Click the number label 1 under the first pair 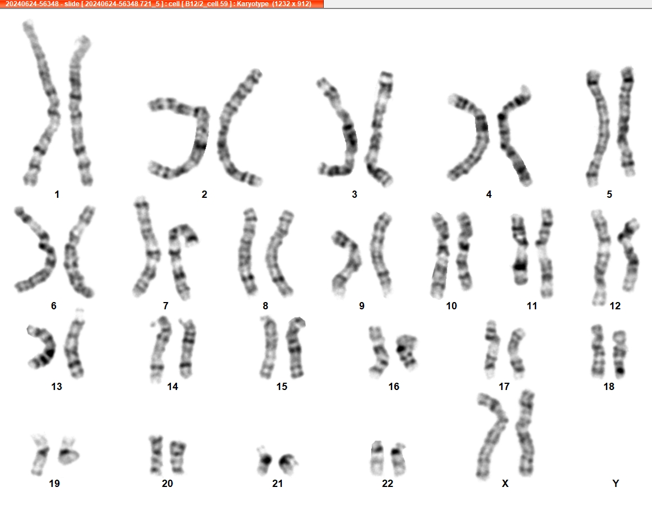57,194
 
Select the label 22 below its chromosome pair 387,484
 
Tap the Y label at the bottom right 616,484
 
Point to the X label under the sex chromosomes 505,484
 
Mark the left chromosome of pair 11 519,250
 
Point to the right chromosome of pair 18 620,353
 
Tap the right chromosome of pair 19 68,453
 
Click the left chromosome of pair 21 264,461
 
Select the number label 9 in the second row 362,307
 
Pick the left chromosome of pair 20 156,455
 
